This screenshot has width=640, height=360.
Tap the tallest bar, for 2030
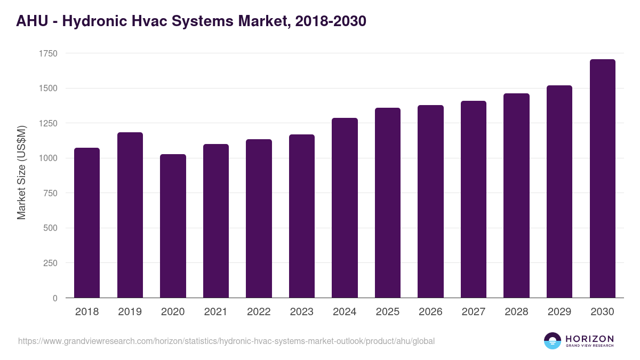pos(602,178)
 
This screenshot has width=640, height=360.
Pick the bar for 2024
pos(345,207)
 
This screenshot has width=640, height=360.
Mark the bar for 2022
pos(259,218)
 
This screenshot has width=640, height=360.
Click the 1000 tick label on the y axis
pos(48,158)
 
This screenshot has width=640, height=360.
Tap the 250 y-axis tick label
pos(50,263)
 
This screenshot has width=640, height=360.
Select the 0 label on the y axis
pos(55,298)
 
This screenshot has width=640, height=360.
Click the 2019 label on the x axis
pos(130,312)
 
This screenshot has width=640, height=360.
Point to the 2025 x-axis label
pos(387,312)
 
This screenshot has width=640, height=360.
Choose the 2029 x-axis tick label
pos(559,312)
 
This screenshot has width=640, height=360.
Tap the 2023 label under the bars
pos(301,312)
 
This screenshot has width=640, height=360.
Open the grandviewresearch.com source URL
pos(226,341)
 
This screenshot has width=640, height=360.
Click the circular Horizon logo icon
pos(553,341)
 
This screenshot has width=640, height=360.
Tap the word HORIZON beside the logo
pos(589,339)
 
